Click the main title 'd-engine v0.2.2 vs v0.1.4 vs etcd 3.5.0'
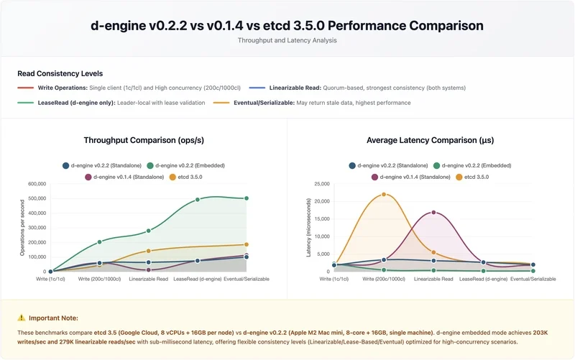point(287,26)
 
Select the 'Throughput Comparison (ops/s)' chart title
point(143,140)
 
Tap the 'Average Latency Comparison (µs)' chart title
point(430,140)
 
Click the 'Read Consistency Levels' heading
point(60,73)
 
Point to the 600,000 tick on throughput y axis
point(36,184)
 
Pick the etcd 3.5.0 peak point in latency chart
point(384,194)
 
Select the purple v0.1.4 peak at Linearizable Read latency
point(433,212)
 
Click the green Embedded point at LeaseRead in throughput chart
point(198,200)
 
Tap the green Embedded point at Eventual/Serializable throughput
point(247,198)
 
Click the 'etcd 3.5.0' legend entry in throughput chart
point(188,176)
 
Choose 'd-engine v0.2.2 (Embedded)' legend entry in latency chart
point(470,165)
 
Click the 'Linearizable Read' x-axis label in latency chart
point(433,279)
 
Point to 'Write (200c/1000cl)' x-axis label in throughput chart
point(99,279)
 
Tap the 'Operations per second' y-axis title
point(22,228)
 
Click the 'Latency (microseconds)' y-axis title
point(309,228)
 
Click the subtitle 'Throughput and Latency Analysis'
point(287,41)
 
